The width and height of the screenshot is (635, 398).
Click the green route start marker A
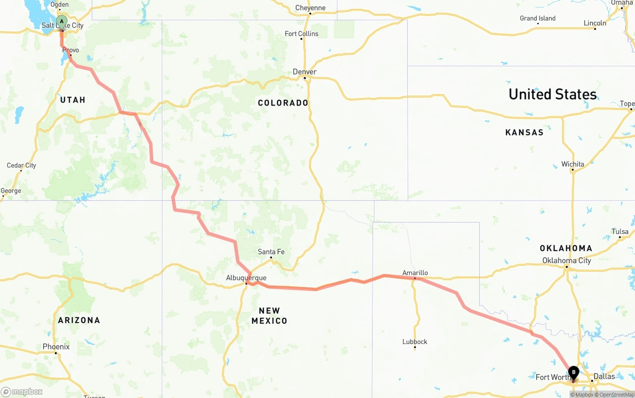click(x=62, y=22)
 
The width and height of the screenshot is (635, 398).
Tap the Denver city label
click(x=305, y=72)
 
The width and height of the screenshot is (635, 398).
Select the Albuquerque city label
click(x=246, y=278)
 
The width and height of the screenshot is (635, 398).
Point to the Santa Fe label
click(x=271, y=252)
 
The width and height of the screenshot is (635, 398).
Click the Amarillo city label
click(x=415, y=273)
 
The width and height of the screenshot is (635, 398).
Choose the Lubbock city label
click(x=415, y=341)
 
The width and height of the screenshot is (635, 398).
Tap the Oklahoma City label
click(x=567, y=260)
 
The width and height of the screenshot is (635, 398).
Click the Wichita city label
click(x=572, y=164)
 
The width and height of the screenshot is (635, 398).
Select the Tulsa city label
click(x=620, y=231)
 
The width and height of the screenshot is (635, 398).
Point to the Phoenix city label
click(x=56, y=346)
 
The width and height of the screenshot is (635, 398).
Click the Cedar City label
click(x=21, y=165)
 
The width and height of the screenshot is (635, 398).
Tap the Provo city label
click(x=70, y=50)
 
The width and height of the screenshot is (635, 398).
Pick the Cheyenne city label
click(x=310, y=7)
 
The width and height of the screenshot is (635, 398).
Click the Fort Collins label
click(x=302, y=34)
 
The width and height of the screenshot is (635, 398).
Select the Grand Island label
click(x=538, y=18)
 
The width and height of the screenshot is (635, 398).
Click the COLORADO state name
click(x=283, y=103)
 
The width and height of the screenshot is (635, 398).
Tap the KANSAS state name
click(x=524, y=132)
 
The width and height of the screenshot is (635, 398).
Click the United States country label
click(x=553, y=94)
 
